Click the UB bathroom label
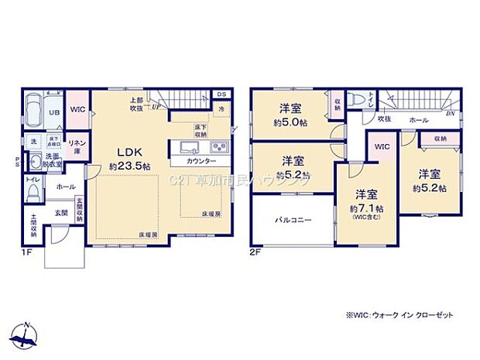coord(55,113)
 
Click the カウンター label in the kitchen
coord(201,163)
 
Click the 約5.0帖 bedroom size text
coord(296,122)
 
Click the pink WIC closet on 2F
coord(381,147)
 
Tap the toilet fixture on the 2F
coord(353,101)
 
